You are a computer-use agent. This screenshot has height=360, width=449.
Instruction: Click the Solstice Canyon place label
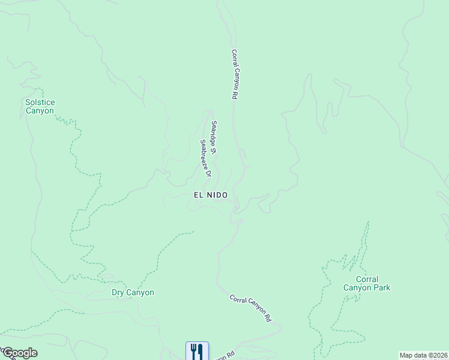click(40, 106)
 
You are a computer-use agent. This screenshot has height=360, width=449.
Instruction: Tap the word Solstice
click(40, 102)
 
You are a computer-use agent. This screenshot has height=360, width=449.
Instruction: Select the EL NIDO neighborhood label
click(211, 195)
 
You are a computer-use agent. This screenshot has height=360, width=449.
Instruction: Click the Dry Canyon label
click(133, 293)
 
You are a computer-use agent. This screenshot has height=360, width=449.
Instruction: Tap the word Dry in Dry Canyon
click(118, 293)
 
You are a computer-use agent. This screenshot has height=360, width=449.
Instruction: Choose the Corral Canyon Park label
click(367, 283)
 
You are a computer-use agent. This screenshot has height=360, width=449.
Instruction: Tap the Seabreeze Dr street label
click(206, 158)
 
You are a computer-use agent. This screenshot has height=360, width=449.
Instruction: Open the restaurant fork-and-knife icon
click(197, 350)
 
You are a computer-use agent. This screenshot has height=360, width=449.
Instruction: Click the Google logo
click(19, 353)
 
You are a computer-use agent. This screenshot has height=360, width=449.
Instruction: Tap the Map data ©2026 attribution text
click(424, 355)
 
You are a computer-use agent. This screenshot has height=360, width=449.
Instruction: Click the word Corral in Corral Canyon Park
click(367, 279)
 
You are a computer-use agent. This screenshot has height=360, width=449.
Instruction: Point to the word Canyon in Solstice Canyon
click(40, 110)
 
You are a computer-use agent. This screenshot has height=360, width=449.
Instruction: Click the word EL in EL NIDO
click(199, 195)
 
